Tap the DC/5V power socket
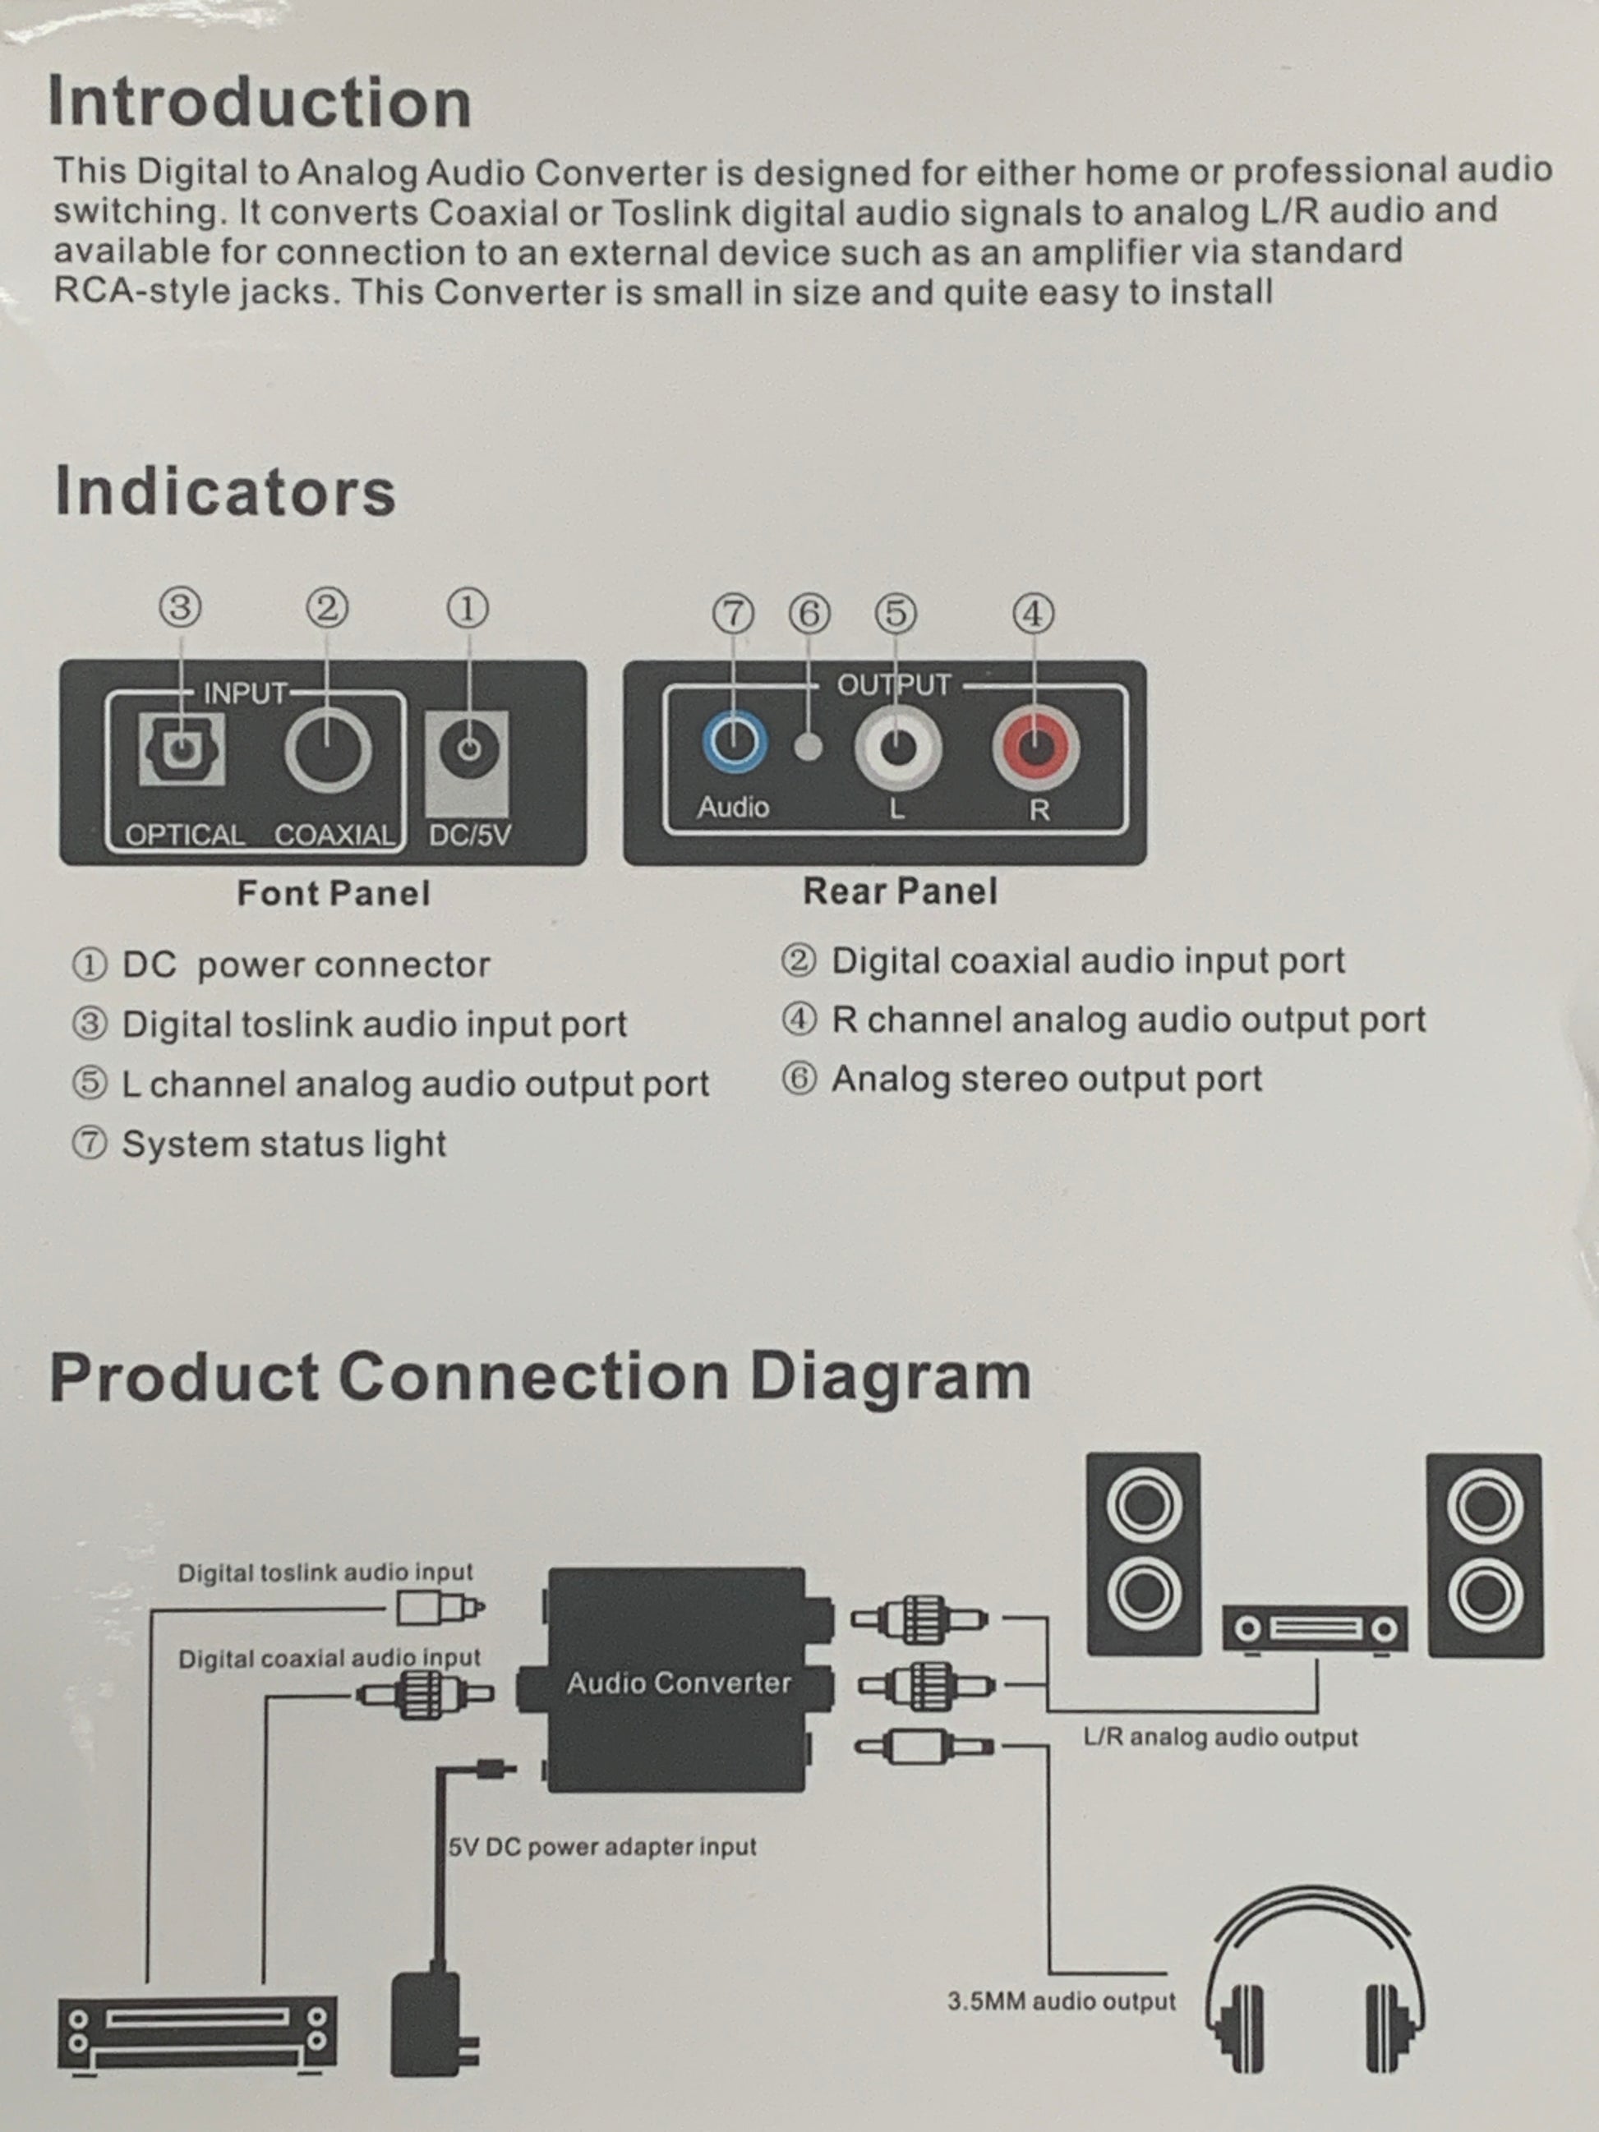468,750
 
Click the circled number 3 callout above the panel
180,608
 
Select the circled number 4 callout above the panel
1033,614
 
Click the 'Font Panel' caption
334,894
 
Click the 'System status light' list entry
283,1144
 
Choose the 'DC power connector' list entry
305,965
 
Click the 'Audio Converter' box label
679,1683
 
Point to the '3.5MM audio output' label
1061,2002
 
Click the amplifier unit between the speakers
1316,1629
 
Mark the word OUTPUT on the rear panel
893,685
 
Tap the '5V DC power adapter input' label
602,1847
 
